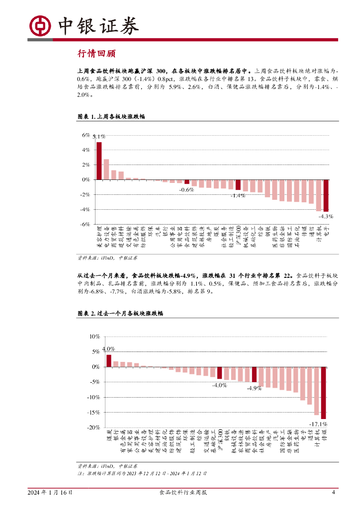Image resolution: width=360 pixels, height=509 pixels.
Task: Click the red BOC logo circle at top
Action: pyautogui.click(x=40, y=25)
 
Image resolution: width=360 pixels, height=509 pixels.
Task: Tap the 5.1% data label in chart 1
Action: pyautogui.click(x=99, y=137)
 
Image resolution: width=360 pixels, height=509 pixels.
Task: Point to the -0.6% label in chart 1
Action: pyautogui.click(x=186, y=190)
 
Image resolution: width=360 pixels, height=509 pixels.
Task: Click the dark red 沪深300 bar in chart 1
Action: pyautogui.click(x=238, y=185)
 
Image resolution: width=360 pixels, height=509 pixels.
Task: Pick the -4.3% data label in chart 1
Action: pyautogui.click(x=326, y=216)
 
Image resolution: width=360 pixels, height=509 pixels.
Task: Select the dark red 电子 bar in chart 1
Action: pyautogui.click(x=326, y=195)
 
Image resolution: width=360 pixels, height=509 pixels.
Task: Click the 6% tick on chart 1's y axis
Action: pyautogui.click(x=86, y=135)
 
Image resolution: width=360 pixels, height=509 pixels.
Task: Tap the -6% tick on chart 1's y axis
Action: pyautogui.click(x=85, y=224)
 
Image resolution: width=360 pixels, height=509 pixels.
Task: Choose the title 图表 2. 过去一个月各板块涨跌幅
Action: pyautogui.click(x=120, y=314)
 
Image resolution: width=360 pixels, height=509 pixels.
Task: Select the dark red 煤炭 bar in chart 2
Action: pyautogui.click(x=109, y=360)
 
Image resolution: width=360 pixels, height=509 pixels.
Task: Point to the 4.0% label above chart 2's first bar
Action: pyautogui.click(x=108, y=349)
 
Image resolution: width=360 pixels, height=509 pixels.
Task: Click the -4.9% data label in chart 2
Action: pyautogui.click(x=254, y=388)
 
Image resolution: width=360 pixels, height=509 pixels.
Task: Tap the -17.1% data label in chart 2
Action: pyautogui.click(x=318, y=424)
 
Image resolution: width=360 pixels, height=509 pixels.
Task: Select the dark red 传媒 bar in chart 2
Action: pyautogui.click(x=323, y=393)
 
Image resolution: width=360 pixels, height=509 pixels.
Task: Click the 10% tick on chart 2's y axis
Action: pyautogui.click(x=94, y=337)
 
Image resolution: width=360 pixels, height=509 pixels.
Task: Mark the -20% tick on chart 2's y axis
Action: pyautogui.click(x=93, y=427)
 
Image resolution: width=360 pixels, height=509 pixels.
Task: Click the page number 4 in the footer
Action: pyautogui.click(x=333, y=493)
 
